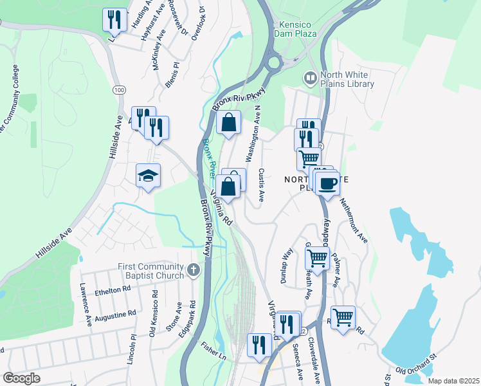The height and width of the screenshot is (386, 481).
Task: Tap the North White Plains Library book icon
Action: pos(311,78)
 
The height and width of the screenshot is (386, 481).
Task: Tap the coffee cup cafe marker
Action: pos(327,184)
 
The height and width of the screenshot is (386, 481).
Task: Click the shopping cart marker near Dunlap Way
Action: pos(317,258)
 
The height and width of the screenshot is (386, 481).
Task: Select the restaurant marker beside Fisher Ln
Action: pos(259,345)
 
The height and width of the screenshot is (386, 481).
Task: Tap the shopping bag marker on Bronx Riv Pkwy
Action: pos(229,122)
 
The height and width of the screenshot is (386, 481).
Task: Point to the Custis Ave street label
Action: pos(262,185)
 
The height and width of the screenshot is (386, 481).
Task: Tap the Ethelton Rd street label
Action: pos(113,291)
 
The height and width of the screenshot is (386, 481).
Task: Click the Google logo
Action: pos(22,378)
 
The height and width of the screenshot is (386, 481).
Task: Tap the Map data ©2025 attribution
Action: pos(454,381)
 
